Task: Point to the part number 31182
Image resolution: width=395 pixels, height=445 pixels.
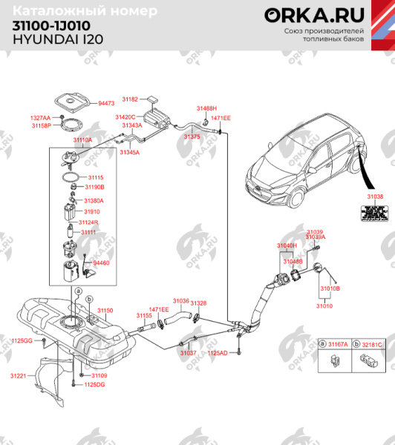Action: point(130,99)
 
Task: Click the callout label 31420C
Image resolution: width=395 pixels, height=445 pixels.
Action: point(125,117)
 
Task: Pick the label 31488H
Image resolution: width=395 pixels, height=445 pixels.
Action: point(206,108)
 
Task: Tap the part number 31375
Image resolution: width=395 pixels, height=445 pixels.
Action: point(192,137)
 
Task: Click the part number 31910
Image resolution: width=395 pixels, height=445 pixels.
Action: point(91,211)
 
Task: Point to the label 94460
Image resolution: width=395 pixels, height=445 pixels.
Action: point(101,263)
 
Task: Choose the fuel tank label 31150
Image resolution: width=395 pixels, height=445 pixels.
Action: point(106,309)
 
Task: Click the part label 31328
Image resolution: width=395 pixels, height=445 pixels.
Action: point(198,303)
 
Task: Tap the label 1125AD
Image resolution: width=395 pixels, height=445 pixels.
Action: point(218,352)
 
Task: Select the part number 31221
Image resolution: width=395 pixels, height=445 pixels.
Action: point(18,377)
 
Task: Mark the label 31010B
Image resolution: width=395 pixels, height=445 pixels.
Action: point(330,288)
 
